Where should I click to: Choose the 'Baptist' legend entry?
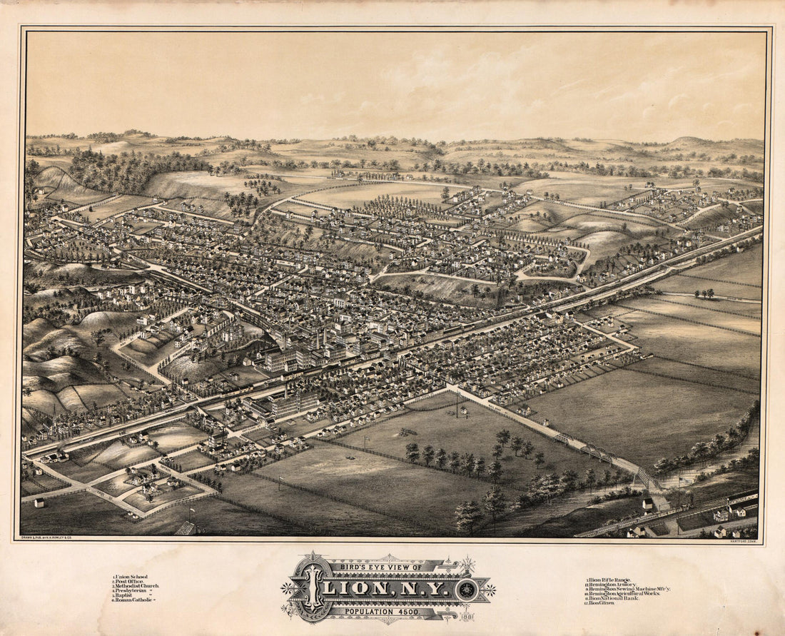[x=128, y=595]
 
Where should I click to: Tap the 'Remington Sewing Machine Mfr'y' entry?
[x=628, y=589]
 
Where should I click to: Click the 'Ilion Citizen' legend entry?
[x=607, y=603]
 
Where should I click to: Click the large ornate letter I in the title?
[x=311, y=588]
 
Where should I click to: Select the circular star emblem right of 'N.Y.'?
[x=467, y=590]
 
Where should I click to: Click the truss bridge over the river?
[x=596, y=451]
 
